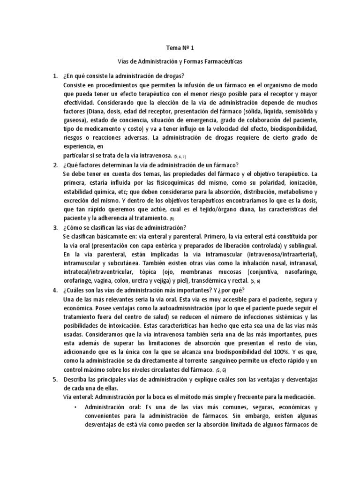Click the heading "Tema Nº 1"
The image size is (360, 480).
click(x=180, y=47)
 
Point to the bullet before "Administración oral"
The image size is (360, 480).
click(x=75, y=406)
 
